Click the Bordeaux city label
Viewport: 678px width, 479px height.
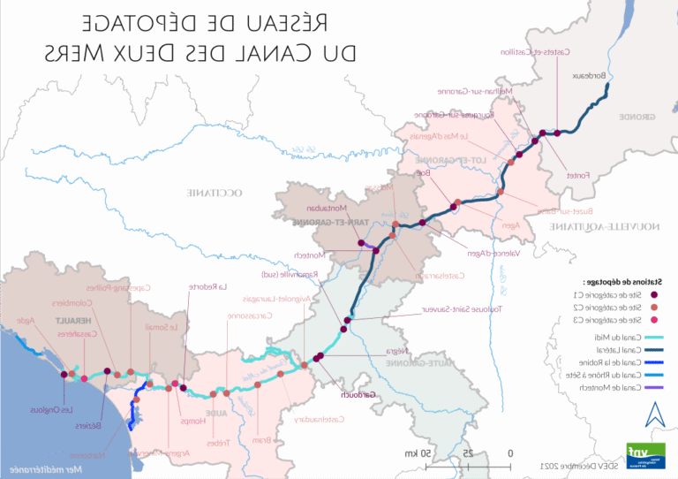coord(591,76)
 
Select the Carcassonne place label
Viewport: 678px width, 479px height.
coord(249,316)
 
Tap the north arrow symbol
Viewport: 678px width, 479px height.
coord(652,414)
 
